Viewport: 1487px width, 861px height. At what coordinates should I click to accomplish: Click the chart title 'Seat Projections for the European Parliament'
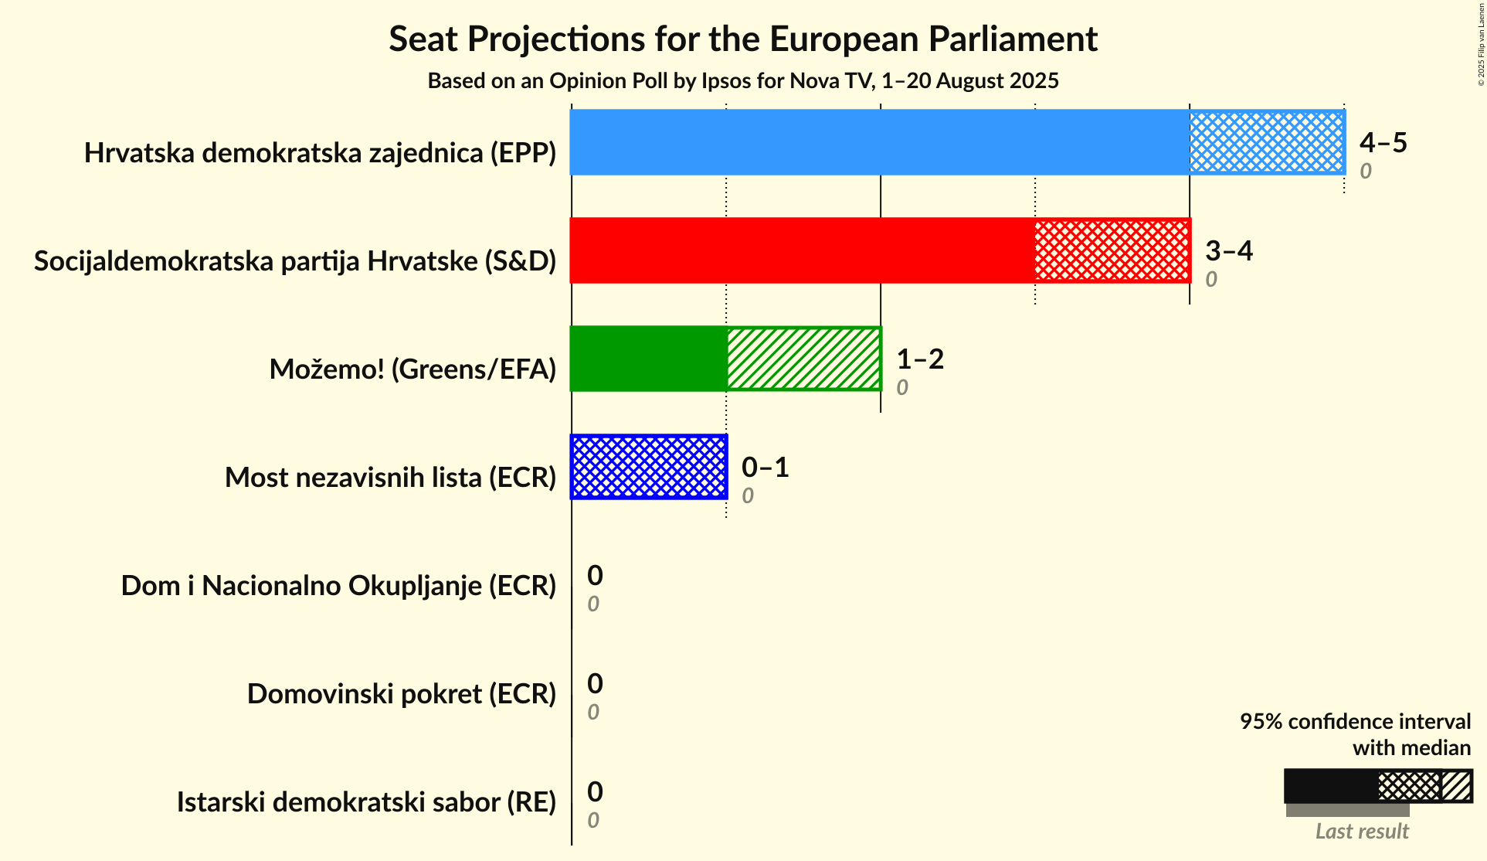pos(743,39)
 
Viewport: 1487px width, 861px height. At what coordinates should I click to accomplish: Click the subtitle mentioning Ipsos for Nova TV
pos(743,80)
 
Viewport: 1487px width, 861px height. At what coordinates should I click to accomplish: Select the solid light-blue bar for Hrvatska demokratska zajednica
pos(879,142)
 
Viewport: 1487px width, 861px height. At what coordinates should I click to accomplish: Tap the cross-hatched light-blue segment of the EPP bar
pos(1267,142)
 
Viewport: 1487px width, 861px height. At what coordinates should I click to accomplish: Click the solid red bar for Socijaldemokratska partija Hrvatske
pos(802,250)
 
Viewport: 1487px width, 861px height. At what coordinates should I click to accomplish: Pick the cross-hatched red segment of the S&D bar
pos(1112,250)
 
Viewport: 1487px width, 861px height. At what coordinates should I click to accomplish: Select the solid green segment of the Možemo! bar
pos(649,359)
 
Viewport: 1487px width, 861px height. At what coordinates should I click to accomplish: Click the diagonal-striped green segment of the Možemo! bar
pos(803,359)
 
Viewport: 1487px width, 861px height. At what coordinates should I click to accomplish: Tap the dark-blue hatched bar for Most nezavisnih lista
pos(649,467)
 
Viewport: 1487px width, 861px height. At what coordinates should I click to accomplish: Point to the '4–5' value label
pos(1383,142)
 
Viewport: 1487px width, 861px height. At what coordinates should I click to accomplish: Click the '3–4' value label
pos(1229,250)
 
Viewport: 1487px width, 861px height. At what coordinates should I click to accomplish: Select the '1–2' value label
pos(920,359)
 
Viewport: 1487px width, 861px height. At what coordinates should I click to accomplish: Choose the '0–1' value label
pos(766,467)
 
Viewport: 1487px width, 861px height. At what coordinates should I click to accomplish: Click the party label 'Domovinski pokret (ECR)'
pos(402,694)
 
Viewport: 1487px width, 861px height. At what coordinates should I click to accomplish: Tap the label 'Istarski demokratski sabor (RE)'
pos(366,802)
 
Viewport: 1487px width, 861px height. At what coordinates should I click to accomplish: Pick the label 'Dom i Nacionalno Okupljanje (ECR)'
pos(338,586)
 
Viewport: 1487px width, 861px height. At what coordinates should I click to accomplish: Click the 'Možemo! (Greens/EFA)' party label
pos(412,369)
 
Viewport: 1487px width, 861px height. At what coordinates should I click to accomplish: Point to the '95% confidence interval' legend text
pos(1355,721)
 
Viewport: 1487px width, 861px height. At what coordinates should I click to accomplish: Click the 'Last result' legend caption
pos(1362,831)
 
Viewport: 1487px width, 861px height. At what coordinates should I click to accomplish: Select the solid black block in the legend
pos(1331,786)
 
